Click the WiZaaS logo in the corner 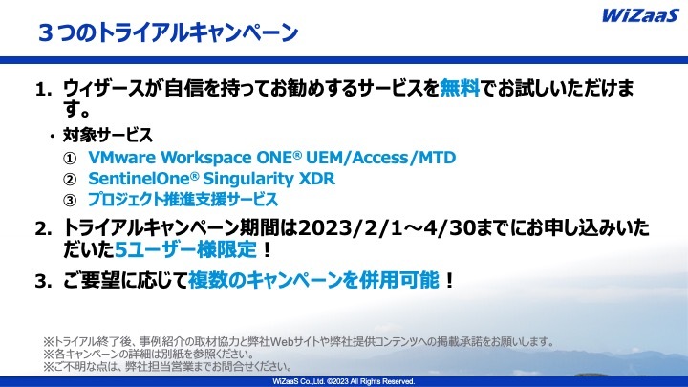pos(640,15)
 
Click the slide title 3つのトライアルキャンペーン pos(168,32)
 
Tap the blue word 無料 pos(460,88)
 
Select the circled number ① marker pos(70,158)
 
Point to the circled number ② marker pos(70,179)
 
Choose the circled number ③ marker pos(70,200)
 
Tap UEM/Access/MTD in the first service pos(380,157)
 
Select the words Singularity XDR pos(269,179)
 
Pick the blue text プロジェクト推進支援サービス pos(183,199)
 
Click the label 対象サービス pos(107,135)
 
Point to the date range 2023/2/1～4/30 pos(386,228)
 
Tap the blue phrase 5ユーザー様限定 pos(185,250)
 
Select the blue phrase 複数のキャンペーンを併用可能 pos(313,280)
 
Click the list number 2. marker pos(43,229)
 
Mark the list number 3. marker pos(43,281)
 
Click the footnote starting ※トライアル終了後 pos(299,341)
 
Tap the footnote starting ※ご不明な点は pos(167,366)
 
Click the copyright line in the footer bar pos(344,381)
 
